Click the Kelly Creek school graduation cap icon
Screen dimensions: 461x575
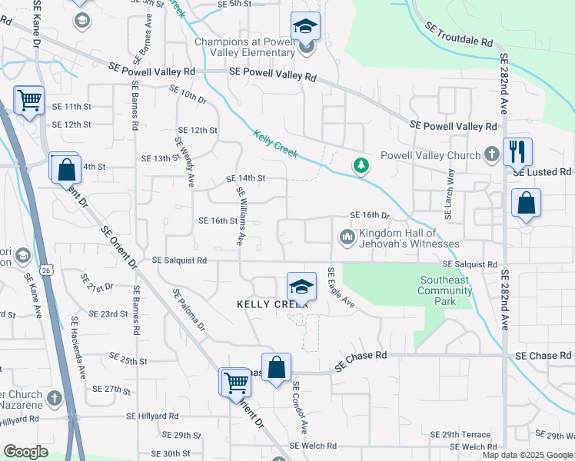(x=301, y=287)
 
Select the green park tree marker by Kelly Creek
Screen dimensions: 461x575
(x=360, y=165)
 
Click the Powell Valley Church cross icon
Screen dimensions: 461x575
(x=492, y=155)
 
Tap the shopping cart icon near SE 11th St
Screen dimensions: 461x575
(x=29, y=98)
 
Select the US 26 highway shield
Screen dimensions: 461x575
(x=48, y=270)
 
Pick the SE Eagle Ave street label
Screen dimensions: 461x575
(x=341, y=288)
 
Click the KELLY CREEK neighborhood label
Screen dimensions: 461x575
(x=272, y=304)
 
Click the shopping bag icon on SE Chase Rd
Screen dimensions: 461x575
(x=276, y=366)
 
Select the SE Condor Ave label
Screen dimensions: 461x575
(x=299, y=406)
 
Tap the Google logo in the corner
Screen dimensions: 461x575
(x=25, y=452)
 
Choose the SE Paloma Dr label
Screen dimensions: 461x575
(x=190, y=310)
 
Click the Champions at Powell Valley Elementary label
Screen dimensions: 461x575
(x=244, y=48)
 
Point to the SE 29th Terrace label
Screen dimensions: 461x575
(x=460, y=435)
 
